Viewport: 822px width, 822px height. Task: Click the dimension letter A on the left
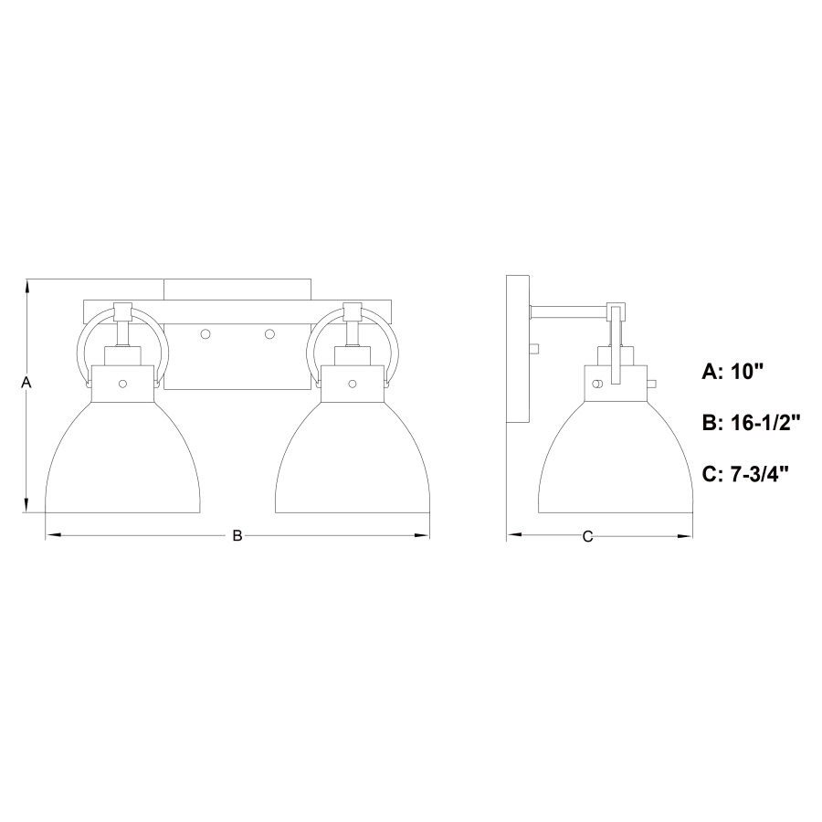pyautogui.click(x=26, y=383)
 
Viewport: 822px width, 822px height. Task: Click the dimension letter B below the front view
pyautogui.click(x=237, y=536)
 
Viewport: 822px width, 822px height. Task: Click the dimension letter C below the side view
pyautogui.click(x=587, y=536)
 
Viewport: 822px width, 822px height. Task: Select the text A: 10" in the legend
pyautogui.click(x=732, y=373)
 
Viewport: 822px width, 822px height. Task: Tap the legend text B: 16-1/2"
pyautogui.click(x=752, y=423)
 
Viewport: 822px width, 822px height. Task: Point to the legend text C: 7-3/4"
pyautogui.click(x=745, y=474)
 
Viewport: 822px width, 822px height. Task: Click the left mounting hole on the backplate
pyautogui.click(x=205, y=334)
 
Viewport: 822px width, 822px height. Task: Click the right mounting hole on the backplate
pyautogui.click(x=269, y=334)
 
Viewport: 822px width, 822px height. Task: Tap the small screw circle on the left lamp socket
pyautogui.click(x=122, y=385)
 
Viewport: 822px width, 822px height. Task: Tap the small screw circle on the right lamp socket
pyautogui.click(x=353, y=385)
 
